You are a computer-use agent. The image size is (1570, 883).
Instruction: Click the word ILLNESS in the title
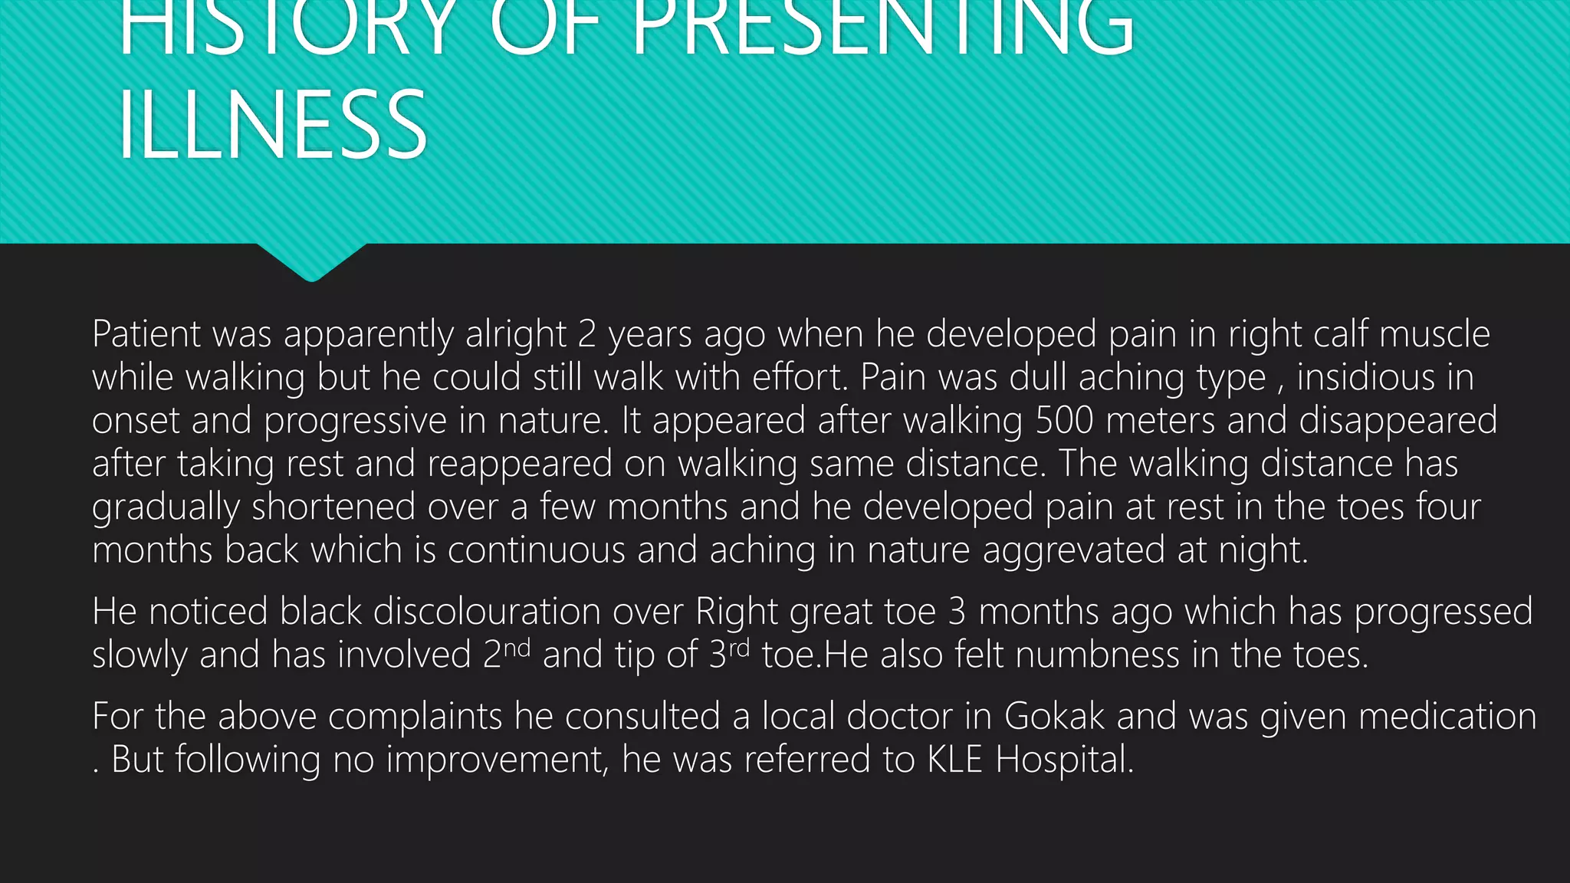(x=273, y=125)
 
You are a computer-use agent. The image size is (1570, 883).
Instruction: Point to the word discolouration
(x=487, y=612)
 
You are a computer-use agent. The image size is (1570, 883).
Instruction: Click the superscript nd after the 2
(x=517, y=647)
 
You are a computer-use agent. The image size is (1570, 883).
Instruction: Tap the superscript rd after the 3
(x=739, y=647)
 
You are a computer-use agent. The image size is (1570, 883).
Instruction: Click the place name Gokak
(x=1054, y=717)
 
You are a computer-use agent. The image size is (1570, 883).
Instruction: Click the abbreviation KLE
(x=954, y=760)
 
